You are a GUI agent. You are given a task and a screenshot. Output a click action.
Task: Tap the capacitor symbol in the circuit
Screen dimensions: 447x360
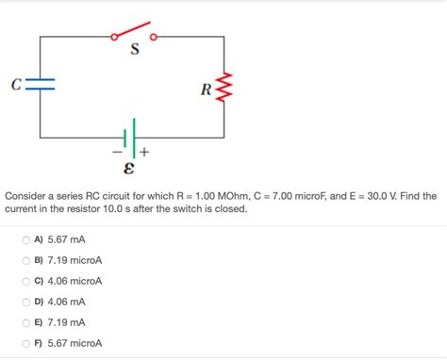[x=41, y=86]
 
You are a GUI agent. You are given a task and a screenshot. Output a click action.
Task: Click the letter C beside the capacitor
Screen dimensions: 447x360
[x=17, y=86]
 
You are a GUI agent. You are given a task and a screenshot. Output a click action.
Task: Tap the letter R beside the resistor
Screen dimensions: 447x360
[x=206, y=90]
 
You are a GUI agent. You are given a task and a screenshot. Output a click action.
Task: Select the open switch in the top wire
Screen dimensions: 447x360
[x=134, y=34]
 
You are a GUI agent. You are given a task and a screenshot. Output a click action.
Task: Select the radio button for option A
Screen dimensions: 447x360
[x=25, y=239]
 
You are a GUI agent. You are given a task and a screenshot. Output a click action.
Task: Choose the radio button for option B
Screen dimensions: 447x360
[x=25, y=260]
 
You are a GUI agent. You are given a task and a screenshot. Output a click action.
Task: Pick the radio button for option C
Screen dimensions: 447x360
[x=25, y=281]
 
